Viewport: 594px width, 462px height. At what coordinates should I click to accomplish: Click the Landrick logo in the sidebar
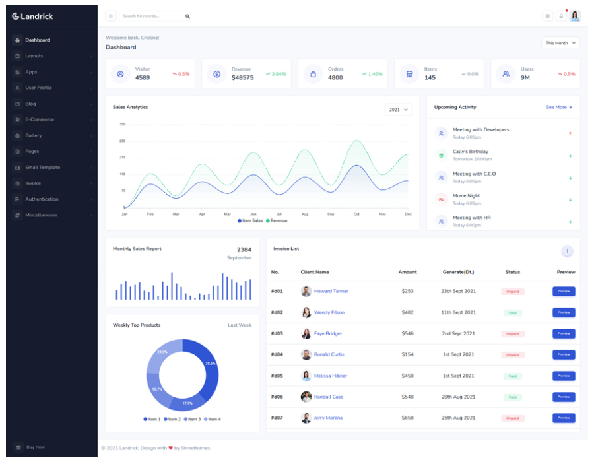(x=32, y=16)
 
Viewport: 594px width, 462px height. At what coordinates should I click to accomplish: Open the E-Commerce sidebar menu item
(x=40, y=119)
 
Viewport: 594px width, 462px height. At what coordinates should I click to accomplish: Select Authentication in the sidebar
(x=42, y=199)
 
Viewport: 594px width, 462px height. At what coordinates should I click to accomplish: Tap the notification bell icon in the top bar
(x=561, y=16)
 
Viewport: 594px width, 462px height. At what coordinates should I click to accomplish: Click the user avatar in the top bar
(x=575, y=16)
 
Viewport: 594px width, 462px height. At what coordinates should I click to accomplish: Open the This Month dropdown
(x=560, y=43)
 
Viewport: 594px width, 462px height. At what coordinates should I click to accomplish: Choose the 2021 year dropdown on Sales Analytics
(x=398, y=110)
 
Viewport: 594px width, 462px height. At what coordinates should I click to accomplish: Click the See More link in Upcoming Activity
(x=558, y=107)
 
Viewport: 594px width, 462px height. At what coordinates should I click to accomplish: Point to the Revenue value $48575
(x=242, y=78)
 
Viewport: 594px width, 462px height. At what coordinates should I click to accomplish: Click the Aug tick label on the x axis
(x=305, y=214)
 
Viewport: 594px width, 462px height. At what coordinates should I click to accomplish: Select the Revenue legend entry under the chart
(x=277, y=221)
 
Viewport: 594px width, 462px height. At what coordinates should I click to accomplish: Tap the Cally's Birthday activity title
(x=470, y=152)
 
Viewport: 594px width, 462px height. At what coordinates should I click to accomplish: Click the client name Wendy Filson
(x=329, y=312)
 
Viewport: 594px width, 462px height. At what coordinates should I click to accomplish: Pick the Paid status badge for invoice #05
(x=512, y=376)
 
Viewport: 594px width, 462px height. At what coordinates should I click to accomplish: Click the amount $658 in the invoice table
(x=407, y=418)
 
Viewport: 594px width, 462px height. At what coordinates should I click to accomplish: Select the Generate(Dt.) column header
(x=458, y=272)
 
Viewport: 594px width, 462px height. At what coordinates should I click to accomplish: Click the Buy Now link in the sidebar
(x=35, y=447)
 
